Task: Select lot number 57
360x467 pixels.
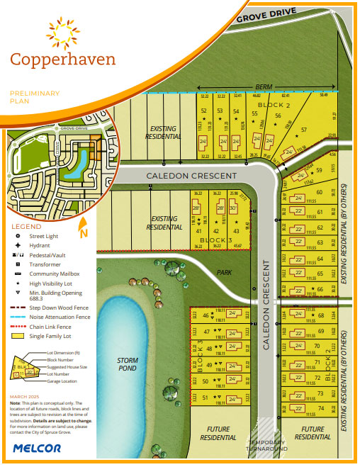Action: (x=305, y=130)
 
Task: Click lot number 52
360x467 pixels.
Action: (x=204, y=111)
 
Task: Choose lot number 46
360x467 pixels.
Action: (x=206, y=316)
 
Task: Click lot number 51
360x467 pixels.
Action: (x=206, y=398)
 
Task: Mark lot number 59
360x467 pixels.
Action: (x=320, y=170)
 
